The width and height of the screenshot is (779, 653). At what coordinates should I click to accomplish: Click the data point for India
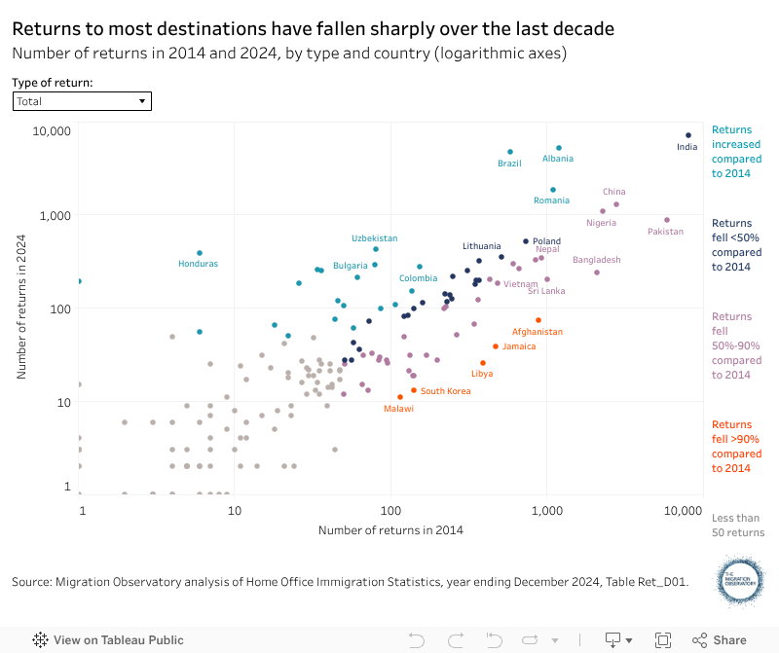point(687,135)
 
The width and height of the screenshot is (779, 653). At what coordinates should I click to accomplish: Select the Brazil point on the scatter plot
point(509,152)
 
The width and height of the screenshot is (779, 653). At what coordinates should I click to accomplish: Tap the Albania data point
point(558,148)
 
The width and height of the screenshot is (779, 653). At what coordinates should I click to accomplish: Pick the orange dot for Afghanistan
point(538,320)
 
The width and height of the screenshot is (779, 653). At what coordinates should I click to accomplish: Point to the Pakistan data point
point(666,220)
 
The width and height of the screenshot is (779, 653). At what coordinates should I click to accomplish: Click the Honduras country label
point(199,264)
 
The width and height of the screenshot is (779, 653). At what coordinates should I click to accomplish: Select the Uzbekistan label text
point(375,238)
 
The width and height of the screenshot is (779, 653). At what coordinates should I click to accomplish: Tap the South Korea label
point(446,391)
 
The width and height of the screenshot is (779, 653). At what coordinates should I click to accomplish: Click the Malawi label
point(398,409)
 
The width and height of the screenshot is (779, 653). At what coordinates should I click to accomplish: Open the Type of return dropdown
point(82,101)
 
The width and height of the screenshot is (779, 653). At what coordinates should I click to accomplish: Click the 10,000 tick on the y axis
point(54,130)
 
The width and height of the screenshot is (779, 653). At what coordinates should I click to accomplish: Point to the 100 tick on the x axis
point(391,509)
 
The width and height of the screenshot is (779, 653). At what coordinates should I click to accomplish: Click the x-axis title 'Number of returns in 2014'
point(389,530)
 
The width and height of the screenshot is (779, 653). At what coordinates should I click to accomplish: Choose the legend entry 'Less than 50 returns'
point(737,526)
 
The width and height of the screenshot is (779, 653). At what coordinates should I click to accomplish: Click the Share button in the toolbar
point(720,640)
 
